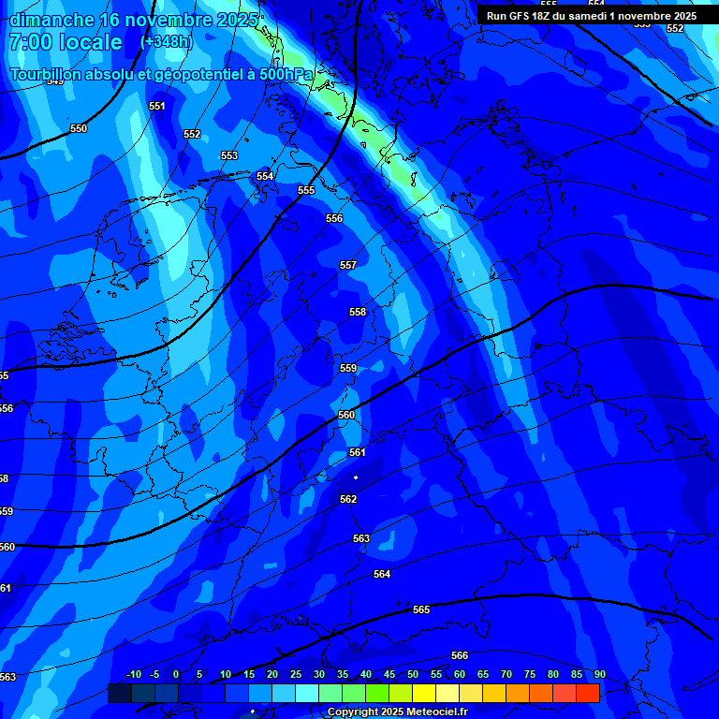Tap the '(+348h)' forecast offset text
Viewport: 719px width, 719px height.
coord(165,42)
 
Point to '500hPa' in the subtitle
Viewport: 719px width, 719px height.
coord(287,75)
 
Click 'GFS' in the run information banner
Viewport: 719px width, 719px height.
coord(523,16)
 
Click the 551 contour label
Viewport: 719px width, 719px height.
coord(157,107)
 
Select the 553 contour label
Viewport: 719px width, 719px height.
coord(229,156)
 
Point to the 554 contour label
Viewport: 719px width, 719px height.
coord(265,177)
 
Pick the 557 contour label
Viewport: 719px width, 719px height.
coord(348,266)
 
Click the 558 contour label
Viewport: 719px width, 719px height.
coord(358,313)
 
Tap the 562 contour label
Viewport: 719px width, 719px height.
coord(348,500)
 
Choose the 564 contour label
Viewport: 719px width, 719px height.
coord(382,575)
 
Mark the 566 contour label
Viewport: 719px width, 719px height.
coord(460,656)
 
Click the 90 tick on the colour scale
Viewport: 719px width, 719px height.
coord(599,675)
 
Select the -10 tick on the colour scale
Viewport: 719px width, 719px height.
coord(133,675)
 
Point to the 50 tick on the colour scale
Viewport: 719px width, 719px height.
coord(413,675)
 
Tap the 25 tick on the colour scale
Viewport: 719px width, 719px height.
coord(296,675)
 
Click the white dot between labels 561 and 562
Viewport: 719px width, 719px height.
coord(356,477)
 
